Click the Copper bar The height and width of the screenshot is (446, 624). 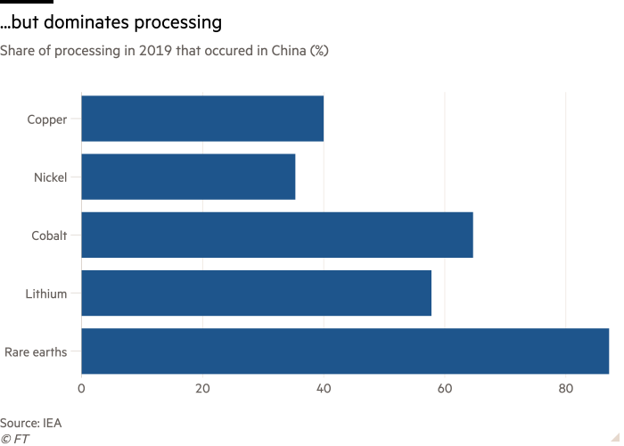tap(202, 119)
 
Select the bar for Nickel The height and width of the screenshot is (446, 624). tap(188, 177)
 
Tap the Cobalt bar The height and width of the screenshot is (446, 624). tap(277, 235)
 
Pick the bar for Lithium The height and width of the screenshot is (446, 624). tap(256, 293)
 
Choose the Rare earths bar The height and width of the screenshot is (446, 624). tap(345, 351)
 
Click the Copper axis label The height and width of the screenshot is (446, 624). tap(47, 119)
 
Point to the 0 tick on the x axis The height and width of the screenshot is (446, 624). tap(81, 389)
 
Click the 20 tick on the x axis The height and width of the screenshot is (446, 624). tap(202, 389)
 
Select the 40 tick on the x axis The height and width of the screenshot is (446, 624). tap(324, 389)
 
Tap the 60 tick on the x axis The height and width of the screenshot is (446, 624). tap(445, 389)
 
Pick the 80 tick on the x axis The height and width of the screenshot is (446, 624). tap(566, 389)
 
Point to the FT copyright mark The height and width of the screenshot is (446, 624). tap(11, 438)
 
